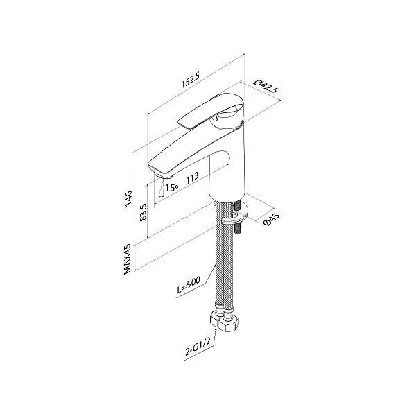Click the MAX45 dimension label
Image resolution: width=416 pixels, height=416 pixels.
tap(129, 257)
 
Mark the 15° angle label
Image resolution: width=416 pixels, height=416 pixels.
tap(171, 186)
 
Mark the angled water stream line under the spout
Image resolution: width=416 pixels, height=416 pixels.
tap(161, 188)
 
